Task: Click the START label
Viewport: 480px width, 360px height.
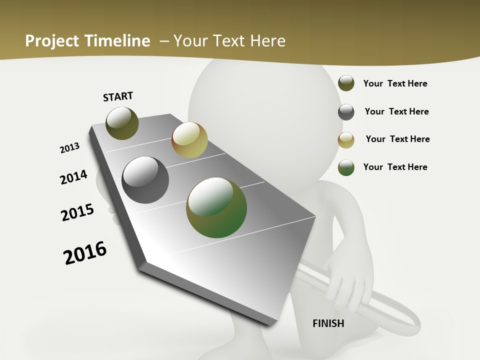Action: [118, 96]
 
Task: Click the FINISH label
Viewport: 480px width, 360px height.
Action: [328, 323]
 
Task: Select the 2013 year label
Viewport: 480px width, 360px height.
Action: [69, 148]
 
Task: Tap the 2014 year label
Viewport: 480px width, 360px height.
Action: [73, 177]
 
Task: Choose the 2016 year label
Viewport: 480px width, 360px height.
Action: [85, 253]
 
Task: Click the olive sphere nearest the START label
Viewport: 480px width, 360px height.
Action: [122, 123]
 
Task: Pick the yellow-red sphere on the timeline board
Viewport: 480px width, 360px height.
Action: [189, 140]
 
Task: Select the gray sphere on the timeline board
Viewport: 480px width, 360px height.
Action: [145, 180]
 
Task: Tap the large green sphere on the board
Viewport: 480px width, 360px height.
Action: [216, 207]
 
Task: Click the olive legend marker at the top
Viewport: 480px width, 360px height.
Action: [346, 83]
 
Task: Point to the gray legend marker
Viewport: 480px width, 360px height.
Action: [346, 112]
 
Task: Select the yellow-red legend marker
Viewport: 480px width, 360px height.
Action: [346, 139]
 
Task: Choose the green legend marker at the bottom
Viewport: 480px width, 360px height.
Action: [346, 167]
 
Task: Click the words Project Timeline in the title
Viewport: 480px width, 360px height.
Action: [87, 41]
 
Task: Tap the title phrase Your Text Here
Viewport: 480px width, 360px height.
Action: [229, 41]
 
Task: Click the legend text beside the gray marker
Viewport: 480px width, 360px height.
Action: [396, 111]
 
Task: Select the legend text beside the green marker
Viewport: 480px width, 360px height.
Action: [395, 167]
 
